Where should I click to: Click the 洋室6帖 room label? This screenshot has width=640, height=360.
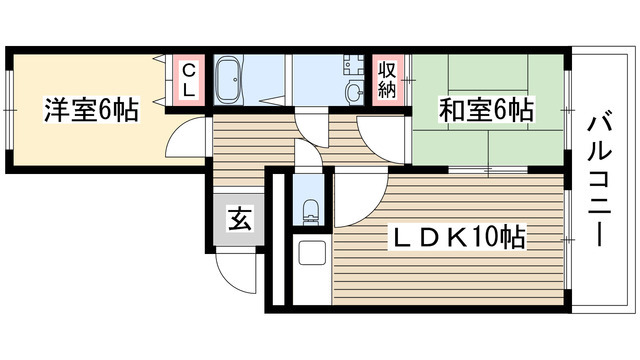click(x=90, y=109)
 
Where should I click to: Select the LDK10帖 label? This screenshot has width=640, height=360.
click(x=458, y=238)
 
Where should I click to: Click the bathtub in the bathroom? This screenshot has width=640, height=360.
click(x=228, y=77)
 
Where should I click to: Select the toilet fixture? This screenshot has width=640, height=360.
click(x=310, y=211)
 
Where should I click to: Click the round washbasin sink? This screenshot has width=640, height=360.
click(x=354, y=93)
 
